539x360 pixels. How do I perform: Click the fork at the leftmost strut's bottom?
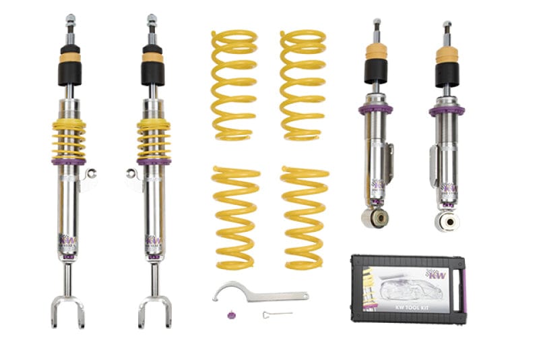pos(67,311)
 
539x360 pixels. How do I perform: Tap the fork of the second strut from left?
pos(154,311)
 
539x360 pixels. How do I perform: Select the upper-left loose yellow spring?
pos(234,84)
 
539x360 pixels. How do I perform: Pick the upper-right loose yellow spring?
pos(303,84)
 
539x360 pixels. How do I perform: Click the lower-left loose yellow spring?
pos(235,215)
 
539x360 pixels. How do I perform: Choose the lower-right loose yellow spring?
pos(305,215)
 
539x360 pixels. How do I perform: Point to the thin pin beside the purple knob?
pos(277,314)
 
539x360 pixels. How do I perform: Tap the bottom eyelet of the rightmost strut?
pos(445,221)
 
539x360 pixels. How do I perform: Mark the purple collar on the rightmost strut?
pos(447,110)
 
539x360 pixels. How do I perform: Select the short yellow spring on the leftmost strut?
pos(69,140)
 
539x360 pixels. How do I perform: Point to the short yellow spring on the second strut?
pos(153,140)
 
